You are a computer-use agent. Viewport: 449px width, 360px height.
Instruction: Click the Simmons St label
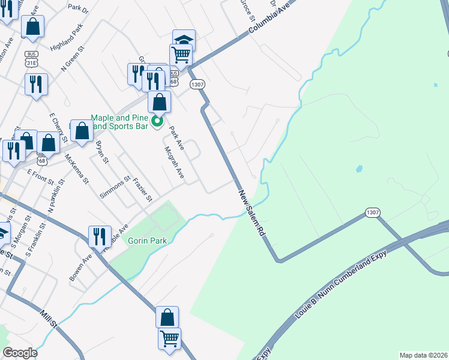[x=115, y=188]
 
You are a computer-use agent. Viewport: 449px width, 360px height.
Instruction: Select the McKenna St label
[x=77, y=169]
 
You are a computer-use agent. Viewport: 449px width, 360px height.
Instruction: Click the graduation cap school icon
[x=184, y=40]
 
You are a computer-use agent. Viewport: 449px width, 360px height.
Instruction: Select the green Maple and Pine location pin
[x=157, y=122]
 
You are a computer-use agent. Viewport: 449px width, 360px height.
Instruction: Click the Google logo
[x=20, y=353]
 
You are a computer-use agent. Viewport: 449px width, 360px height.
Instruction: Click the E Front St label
[x=40, y=175]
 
